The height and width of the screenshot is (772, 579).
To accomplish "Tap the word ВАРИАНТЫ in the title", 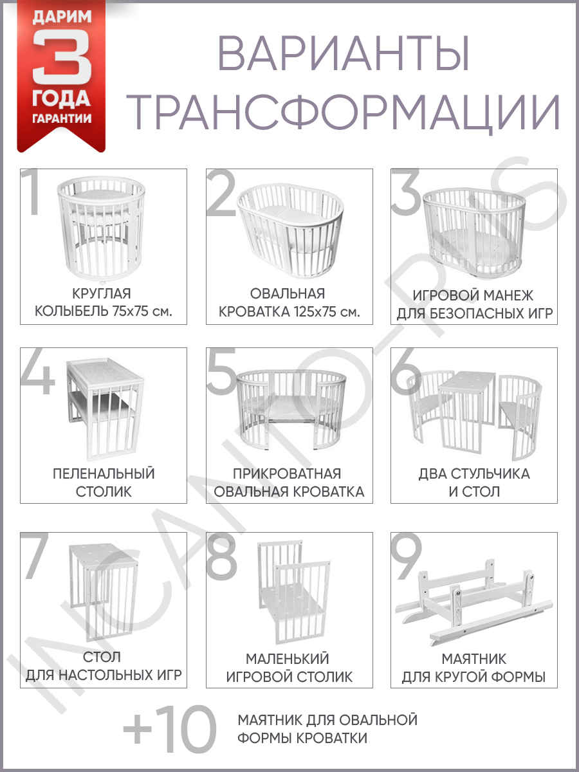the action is click(x=344, y=54).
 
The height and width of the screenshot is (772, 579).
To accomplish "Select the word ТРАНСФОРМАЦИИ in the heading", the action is click(x=343, y=111).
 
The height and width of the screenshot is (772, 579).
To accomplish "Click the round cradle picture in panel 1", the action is click(x=101, y=228).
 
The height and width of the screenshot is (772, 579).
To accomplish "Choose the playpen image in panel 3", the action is click(x=474, y=232).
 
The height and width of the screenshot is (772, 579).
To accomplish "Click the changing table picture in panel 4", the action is click(x=106, y=409).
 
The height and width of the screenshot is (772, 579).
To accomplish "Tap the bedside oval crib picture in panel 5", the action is click(x=291, y=409).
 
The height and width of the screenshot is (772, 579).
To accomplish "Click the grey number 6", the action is click(x=407, y=371).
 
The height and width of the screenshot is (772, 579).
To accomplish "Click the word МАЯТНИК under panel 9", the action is click(x=474, y=659).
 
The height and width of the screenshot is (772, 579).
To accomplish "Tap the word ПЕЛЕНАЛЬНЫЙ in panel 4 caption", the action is click(x=104, y=473).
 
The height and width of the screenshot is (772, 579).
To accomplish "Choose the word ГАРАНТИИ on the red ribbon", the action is click(x=62, y=118).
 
